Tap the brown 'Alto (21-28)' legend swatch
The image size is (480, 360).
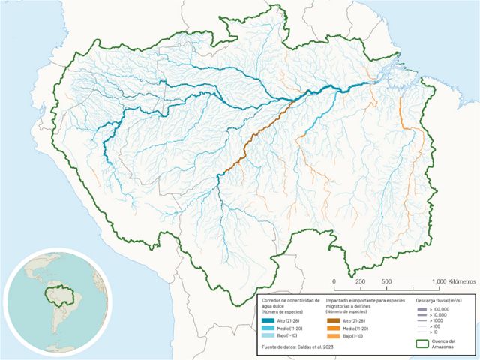(x=332, y=319)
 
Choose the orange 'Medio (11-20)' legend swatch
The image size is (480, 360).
(x=332, y=328)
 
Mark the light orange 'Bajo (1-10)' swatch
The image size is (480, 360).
(x=332, y=337)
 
